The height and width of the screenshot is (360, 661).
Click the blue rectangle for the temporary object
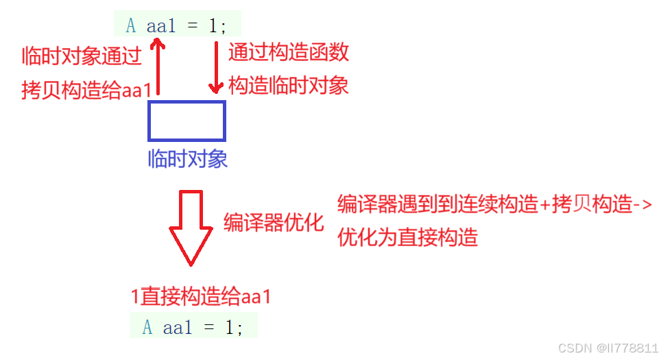pyautogui.click(x=187, y=121)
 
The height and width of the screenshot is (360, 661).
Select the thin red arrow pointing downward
pyautogui.click(x=216, y=67)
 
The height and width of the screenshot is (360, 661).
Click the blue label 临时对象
pyautogui.click(x=187, y=160)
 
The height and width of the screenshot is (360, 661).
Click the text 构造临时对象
pyautogui.click(x=288, y=86)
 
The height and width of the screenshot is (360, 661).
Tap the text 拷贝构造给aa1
pyautogui.click(x=86, y=91)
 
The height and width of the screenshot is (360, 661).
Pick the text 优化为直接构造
pyautogui.click(x=407, y=237)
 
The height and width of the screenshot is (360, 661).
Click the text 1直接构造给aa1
pyautogui.click(x=201, y=297)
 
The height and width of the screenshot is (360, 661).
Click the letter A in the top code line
pyautogui.click(x=131, y=26)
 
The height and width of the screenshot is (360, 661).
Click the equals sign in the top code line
pyautogui.click(x=193, y=26)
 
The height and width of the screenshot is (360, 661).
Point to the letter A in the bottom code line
pyautogui.click(x=147, y=328)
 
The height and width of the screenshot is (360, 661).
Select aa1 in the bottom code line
pyautogui.click(x=178, y=328)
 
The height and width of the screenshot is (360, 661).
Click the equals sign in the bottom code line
pyautogui.click(x=210, y=328)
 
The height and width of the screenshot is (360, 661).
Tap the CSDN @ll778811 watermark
pyautogui.click(x=608, y=348)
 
